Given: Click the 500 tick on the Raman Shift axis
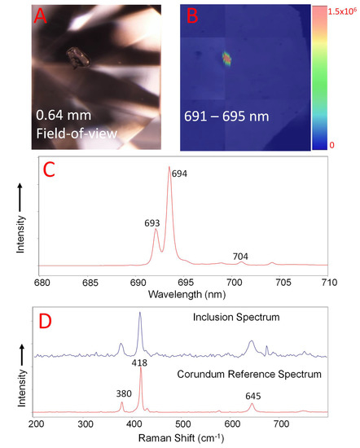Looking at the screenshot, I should [183, 424].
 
